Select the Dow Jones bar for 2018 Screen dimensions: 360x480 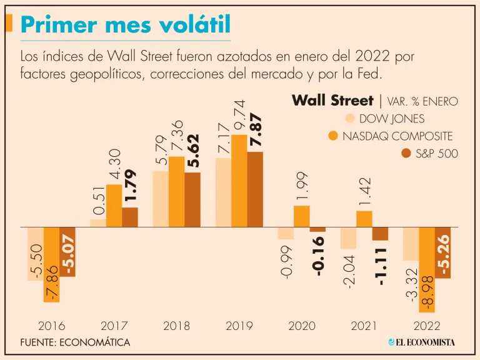click(x=161, y=199)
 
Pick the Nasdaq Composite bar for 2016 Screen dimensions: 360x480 click(x=51, y=265)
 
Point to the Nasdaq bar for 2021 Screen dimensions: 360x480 click(x=364, y=219)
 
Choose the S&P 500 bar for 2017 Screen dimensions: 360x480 click(x=130, y=217)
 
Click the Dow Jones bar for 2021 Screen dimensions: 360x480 click(x=348, y=238)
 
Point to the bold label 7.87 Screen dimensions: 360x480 click(x=256, y=130)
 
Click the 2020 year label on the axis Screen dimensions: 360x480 click(x=301, y=326)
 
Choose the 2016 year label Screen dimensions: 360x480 click(x=51, y=326)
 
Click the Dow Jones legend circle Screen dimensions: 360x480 click(x=350, y=119)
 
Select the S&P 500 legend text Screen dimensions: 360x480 click(x=437, y=153)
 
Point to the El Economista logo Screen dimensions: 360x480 click(x=421, y=342)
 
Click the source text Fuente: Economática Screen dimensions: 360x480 click(x=75, y=342)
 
